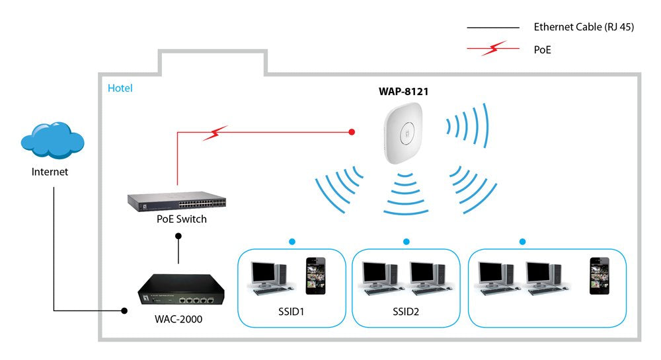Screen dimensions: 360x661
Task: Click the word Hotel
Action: [120, 88]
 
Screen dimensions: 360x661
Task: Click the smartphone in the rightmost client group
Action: [599, 275]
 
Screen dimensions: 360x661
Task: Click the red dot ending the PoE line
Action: [352, 133]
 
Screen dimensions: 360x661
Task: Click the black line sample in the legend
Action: [493, 28]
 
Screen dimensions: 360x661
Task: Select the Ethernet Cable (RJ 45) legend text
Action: [583, 28]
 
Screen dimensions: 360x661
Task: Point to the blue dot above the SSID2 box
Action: [406, 242]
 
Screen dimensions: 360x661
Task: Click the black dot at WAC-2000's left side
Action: [123, 310]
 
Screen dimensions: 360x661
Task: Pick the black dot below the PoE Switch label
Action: [177, 242]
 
